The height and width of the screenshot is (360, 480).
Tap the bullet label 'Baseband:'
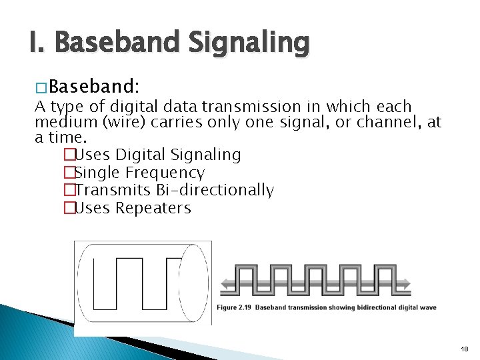click(94, 87)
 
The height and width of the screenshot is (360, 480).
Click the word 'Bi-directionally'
click(215, 190)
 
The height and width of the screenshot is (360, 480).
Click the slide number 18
click(464, 349)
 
